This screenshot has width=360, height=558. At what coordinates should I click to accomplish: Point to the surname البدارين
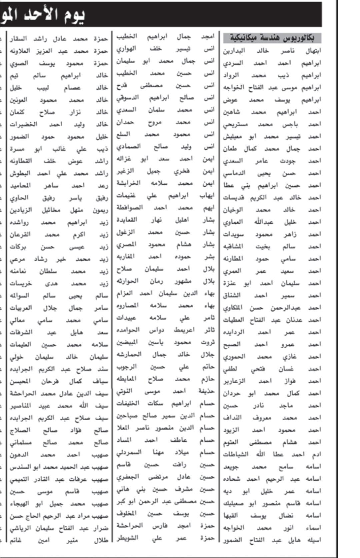234,51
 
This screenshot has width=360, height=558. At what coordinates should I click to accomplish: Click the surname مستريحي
235,124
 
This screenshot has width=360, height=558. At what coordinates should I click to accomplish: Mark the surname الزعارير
234,381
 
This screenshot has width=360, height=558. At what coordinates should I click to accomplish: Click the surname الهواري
126,49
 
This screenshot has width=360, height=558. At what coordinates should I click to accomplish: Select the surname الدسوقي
128,98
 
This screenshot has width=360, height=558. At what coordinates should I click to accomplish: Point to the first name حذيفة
206,391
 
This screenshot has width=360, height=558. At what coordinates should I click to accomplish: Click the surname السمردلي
129,452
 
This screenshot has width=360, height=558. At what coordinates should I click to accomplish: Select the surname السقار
19,39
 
